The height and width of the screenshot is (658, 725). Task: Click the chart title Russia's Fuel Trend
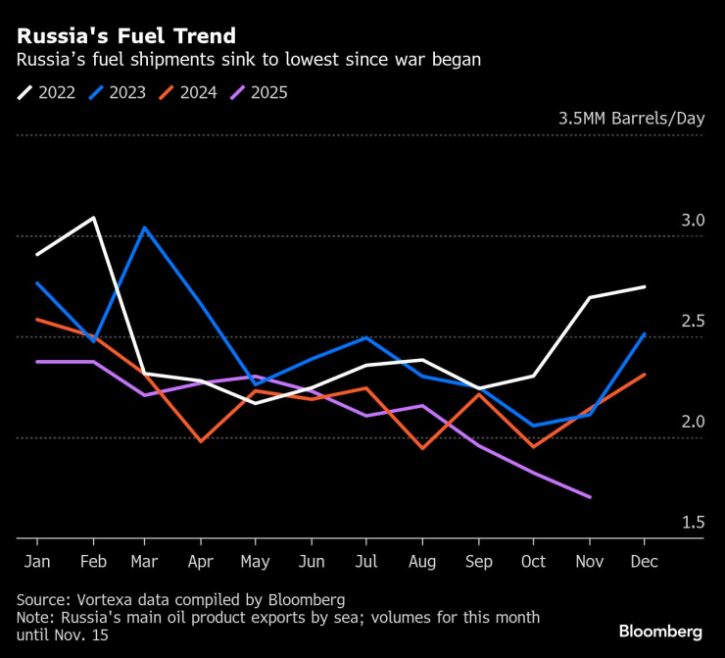tap(125, 36)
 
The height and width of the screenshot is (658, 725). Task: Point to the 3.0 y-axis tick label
tap(693, 221)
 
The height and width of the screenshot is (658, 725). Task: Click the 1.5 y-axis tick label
tap(693, 523)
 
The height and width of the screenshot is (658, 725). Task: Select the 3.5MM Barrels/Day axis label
tap(631, 119)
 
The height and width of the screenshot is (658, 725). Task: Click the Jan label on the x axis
tap(37, 562)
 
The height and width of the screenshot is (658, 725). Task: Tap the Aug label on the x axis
tap(422, 562)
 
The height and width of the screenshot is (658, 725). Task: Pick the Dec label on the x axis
tap(644, 562)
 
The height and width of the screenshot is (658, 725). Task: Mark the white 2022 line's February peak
tap(93, 218)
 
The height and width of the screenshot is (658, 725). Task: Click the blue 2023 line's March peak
tap(145, 228)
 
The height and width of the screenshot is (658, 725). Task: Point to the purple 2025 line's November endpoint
tap(590, 497)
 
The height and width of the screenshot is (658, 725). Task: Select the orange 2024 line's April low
tap(201, 441)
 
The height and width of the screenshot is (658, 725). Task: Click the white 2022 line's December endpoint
tap(645, 286)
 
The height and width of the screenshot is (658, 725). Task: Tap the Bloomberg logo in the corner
tap(659, 631)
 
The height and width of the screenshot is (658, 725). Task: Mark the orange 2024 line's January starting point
tap(37, 320)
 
